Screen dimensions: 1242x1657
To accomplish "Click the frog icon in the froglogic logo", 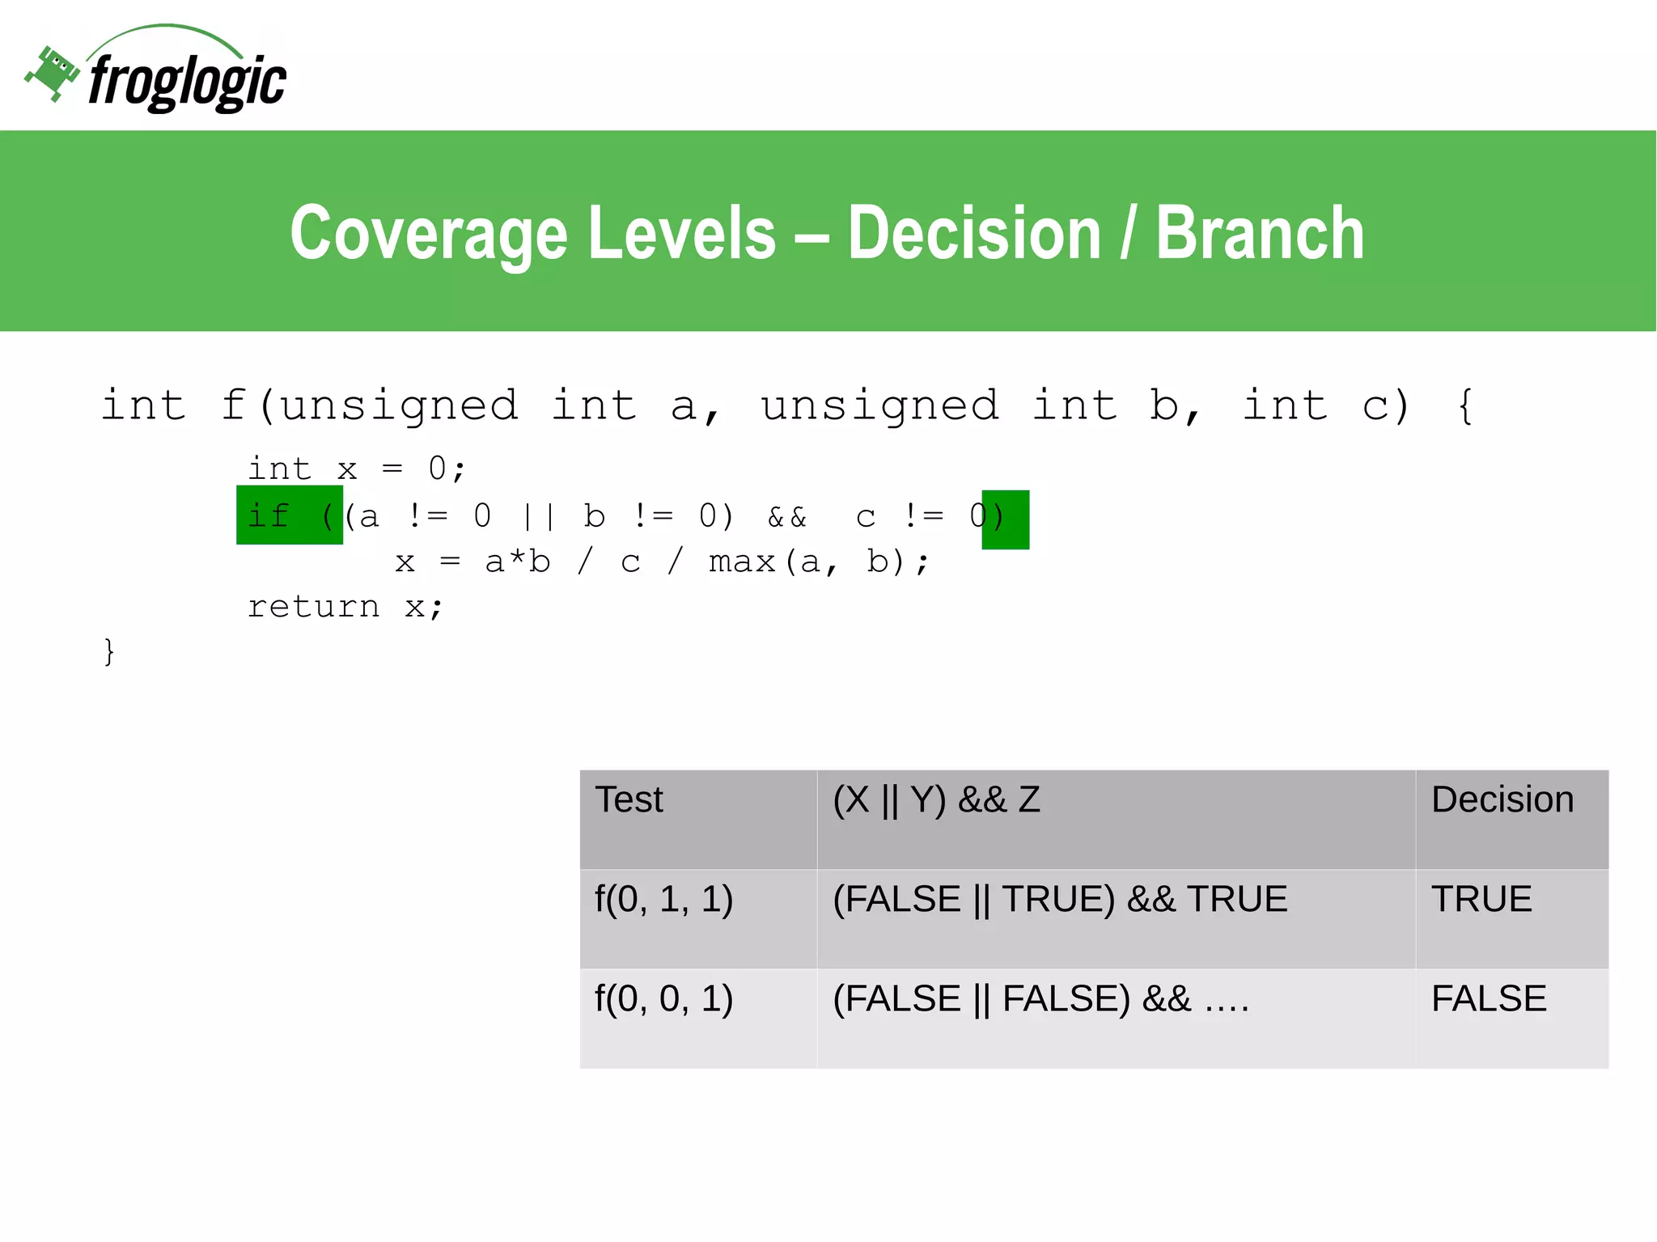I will pos(53,73).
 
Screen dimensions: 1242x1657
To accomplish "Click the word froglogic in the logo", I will pos(187,82).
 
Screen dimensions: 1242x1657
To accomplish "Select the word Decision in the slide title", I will pos(974,233).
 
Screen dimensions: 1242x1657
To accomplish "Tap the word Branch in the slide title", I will pos(1260,233).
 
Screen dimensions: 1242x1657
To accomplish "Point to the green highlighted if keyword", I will pos(269,515).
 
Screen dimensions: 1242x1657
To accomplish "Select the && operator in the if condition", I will pos(787,517).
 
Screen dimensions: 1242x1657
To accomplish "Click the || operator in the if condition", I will pos(538,517).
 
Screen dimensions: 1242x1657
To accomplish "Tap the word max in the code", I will pos(742,562).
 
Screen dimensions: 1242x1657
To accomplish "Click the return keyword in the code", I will pos(314,606).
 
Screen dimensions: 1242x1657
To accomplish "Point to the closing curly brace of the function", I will pos(109,651).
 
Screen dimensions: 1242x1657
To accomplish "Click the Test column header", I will pos(629,800).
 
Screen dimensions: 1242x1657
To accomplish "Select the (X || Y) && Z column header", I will pos(936,800).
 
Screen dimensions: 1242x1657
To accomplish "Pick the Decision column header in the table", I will pos(1502,800).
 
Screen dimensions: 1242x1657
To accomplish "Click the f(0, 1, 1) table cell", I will pos(664,900).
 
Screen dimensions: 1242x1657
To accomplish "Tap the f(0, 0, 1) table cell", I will pos(664,999).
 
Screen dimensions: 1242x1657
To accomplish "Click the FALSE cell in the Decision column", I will pos(1489,999).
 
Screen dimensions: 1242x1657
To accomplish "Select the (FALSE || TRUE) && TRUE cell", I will pos(1060,900).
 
